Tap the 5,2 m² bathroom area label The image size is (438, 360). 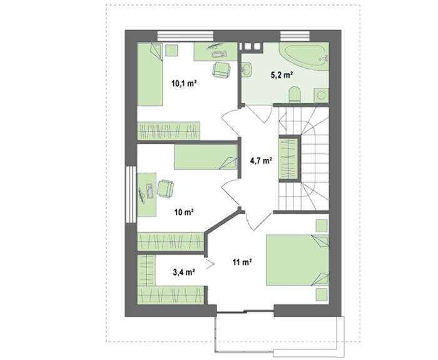[x=282, y=75]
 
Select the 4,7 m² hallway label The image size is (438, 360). [x=261, y=160]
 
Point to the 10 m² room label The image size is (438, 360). [x=184, y=212]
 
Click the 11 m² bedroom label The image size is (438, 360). [x=242, y=262]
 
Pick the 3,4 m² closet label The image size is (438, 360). [x=183, y=272]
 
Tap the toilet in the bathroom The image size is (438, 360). [x=295, y=95]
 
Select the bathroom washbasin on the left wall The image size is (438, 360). [x=247, y=69]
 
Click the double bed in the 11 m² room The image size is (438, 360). [x=297, y=260]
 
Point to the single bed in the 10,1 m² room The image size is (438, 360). [x=150, y=74]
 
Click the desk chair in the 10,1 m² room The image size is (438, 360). [x=222, y=69]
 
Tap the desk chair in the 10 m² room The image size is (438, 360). [x=165, y=188]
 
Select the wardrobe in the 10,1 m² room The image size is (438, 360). [x=169, y=131]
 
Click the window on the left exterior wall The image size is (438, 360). [x=131, y=194]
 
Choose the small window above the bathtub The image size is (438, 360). [x=295, y=36]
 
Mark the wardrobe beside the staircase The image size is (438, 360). [x=289, y=158]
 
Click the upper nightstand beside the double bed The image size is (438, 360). [x=322, y=226]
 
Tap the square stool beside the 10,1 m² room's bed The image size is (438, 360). [x=172, y=51]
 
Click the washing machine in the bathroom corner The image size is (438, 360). [x=321, y=95]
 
